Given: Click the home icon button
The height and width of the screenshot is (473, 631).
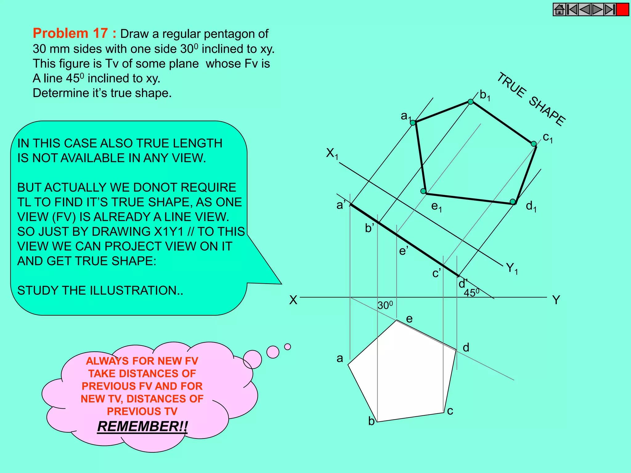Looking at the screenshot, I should pos(559,10).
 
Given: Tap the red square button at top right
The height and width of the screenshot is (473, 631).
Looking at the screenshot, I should pos(622,10).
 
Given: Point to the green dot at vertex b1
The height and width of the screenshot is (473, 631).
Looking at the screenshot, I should pos(470,102).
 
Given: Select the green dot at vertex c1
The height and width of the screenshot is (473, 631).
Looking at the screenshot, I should pos(534,144).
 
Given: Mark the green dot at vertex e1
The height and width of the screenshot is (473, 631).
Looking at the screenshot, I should pos(423,191).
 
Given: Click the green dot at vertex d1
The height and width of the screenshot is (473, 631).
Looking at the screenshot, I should pos(512,202).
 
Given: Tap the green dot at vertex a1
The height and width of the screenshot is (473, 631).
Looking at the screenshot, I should pos(413,123).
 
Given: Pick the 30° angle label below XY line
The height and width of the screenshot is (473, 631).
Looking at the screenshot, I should pos(385,305).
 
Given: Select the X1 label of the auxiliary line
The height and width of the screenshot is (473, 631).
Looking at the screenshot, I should pos(332,153).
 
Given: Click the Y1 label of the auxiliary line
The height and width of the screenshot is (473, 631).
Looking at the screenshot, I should pos(512,268).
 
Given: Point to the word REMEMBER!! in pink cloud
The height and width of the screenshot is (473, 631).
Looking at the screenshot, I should pos(142,427).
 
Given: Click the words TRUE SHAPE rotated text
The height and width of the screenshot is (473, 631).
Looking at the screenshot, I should pos(531,99).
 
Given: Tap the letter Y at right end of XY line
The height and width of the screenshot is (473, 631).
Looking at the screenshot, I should pos(556,300).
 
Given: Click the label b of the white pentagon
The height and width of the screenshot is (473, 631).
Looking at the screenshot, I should pos(371,421).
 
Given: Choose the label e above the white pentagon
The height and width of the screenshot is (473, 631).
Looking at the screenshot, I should pos(409,319).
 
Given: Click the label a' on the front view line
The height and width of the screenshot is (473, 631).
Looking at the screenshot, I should pos(341,205).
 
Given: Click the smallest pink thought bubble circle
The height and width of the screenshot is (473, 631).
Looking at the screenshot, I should pos(287,347).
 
